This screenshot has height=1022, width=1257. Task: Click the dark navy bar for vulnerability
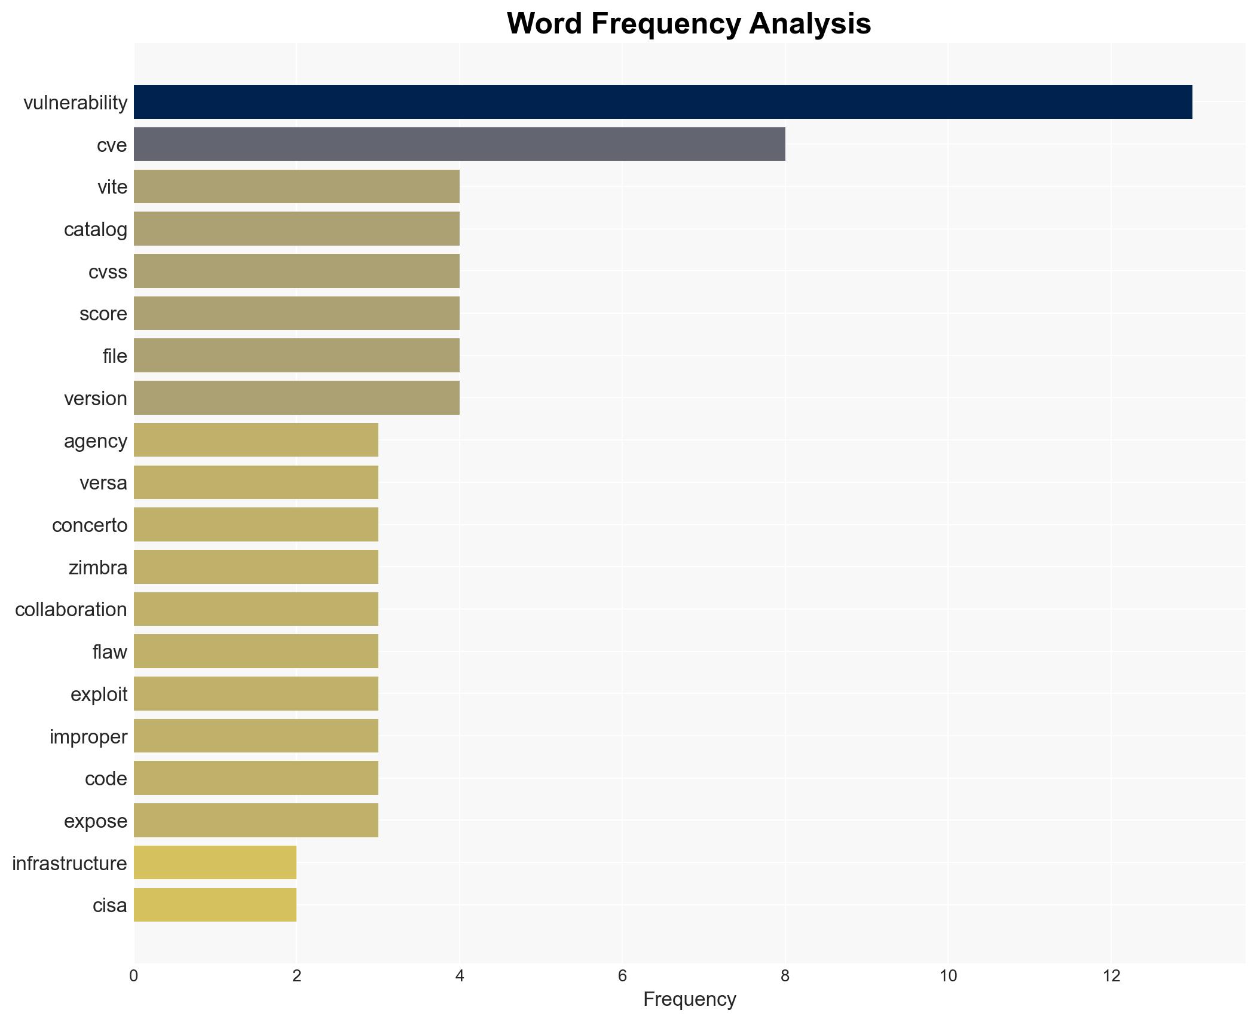662,102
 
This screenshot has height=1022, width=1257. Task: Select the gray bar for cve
459,145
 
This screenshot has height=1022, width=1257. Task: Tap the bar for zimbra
256,567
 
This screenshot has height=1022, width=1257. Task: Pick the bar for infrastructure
215,863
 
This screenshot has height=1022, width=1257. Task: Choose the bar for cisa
215,905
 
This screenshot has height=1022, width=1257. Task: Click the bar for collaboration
256,609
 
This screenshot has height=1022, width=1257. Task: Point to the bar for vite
296,186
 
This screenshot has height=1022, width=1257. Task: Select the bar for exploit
256,694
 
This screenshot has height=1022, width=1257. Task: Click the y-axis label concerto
90,525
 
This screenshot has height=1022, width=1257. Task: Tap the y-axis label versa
103,483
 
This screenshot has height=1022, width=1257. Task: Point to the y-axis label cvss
108,272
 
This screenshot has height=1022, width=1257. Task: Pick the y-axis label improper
88,737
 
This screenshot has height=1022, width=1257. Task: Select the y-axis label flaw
110,652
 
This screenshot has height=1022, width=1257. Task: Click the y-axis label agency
96,441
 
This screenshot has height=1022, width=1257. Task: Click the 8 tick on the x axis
785,976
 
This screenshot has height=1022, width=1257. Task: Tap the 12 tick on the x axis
1111,976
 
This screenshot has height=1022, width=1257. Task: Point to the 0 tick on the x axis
133,976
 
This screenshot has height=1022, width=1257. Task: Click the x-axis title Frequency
689,999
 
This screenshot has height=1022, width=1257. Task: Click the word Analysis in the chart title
810,24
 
